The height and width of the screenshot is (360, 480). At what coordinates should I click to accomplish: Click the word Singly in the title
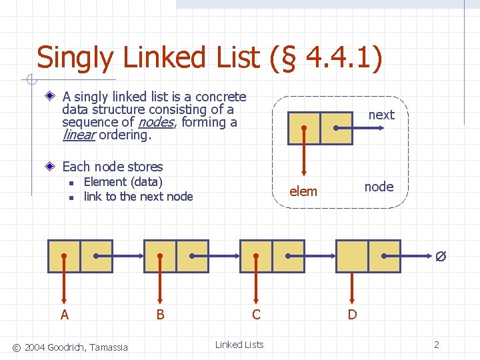(75, 58)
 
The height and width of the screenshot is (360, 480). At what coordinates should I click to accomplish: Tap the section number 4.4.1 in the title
(337, 58)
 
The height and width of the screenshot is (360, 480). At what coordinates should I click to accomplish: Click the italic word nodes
(155, 122)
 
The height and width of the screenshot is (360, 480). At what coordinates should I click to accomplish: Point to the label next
(381, 115)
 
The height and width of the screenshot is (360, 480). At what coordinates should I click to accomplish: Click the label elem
(303, 192)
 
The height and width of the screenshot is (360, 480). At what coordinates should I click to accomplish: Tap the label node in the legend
(379, 187)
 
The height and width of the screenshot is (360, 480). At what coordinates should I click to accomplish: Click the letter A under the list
(64, 315)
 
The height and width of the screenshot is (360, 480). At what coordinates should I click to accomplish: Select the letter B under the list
(160, 315)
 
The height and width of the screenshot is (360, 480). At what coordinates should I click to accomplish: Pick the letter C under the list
(256, 315)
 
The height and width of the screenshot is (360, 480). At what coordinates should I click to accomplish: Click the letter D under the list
(352, 315)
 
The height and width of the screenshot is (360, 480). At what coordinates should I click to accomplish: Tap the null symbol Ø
(440, 256)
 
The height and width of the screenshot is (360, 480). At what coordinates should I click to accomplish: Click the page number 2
(437, 345)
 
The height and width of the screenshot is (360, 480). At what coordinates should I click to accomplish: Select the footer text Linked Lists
(239, 345)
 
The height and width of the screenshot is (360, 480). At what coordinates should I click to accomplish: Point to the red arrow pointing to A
(64, 280)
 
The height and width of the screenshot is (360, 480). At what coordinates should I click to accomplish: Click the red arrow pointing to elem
(304, 153)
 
